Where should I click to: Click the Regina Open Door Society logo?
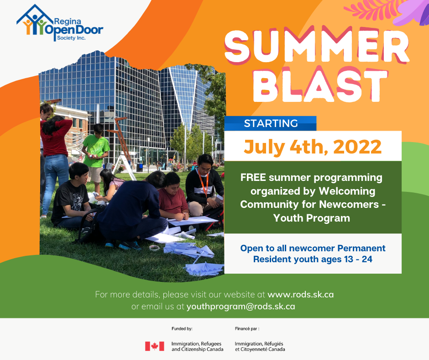click(60, 23)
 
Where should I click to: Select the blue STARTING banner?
click(270, 123)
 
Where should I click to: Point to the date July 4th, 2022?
click(313, 147)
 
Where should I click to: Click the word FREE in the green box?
click(253, 178)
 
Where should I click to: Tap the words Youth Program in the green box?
click(312, 218)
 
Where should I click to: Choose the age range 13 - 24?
click(359, 259)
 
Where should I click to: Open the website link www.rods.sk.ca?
click(300, 295)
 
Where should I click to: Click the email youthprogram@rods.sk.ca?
click(241, 306)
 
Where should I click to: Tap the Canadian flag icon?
click(155, 346)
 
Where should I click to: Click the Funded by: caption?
click(182, 329)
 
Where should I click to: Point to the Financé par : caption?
click(247, 329)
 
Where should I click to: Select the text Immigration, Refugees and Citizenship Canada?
click(197, 347)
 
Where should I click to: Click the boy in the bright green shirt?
click(95, 158)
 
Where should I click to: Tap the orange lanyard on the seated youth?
click(204, 183)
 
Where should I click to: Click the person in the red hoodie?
click(55, 164)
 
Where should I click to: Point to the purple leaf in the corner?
click(412, 12)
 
